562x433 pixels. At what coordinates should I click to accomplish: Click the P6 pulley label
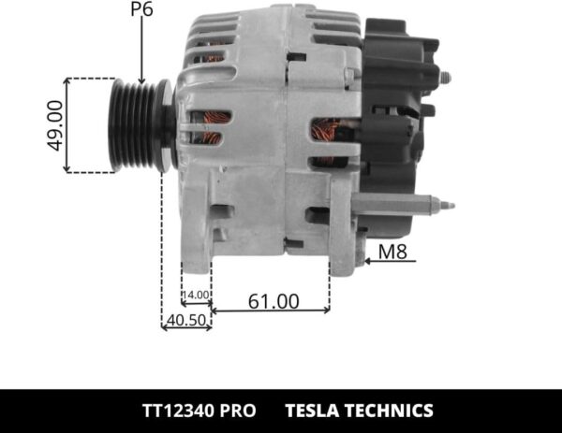pyautogui.click(x=141, y=12)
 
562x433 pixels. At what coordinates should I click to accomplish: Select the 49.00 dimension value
pyautogui.click(x=55, y=125)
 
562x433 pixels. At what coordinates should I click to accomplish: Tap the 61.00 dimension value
pyautogui.click(x=274, y=301)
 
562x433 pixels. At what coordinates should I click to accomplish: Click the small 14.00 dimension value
pyautogui.click(x=196, y=296)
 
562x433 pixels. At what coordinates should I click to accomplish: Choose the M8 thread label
pyautogui.click(x=393, y=250)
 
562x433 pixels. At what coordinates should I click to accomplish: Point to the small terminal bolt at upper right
pyautogui.click(x=443, y=77)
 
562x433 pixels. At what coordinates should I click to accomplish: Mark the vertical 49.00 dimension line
pyautogui.click(x=67, y=125)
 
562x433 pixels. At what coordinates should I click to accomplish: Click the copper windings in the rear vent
pyautogui.click(x=328, y=140)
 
